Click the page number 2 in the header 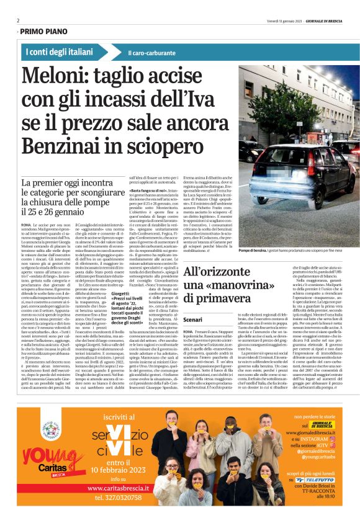point(18,20)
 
